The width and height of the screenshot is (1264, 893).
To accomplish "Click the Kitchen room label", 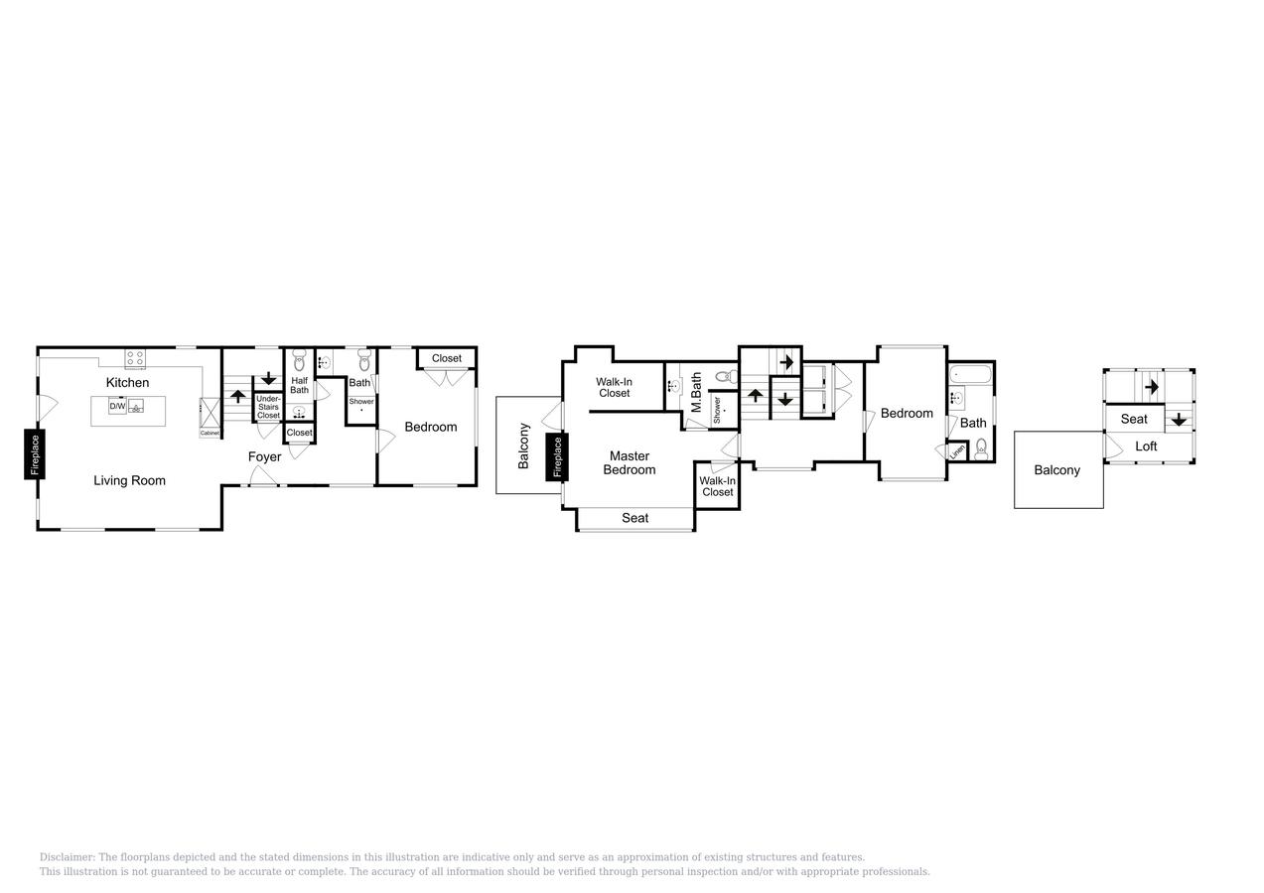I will pos(127,382).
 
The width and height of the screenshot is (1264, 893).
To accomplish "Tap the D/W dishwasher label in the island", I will pos(117,406).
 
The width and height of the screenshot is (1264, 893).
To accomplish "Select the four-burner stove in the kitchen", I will pos(135,358).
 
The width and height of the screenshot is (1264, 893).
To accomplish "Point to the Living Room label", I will pos(129,480).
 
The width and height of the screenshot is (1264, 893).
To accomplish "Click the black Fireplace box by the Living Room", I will pos(35,454).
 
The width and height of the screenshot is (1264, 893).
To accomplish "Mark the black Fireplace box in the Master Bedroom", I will pos(557,457).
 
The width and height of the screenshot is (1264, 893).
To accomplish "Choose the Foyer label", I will pos(264,456).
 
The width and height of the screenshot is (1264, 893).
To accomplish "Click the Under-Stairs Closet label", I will pos(268,407).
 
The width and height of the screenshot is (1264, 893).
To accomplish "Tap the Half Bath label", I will pos(299,385).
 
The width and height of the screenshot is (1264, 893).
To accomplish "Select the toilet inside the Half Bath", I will pos(299,361).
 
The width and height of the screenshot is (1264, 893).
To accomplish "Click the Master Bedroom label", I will pos(629,462).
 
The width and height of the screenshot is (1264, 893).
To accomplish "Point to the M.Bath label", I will pos(696,392).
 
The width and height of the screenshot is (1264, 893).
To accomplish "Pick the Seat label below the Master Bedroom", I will pos(634,518).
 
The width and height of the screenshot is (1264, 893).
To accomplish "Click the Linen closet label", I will pos(957,450).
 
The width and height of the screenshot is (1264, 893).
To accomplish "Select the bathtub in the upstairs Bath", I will pos(969,374).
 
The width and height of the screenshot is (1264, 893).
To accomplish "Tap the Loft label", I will pos(1146,446).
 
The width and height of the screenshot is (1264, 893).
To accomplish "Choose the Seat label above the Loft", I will pos(1134,419).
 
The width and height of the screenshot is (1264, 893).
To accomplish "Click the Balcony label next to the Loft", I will pos(1056,470).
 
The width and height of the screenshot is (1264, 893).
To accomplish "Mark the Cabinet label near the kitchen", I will pos(210,433).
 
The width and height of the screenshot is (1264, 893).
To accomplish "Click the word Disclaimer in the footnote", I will pos(67,857).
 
